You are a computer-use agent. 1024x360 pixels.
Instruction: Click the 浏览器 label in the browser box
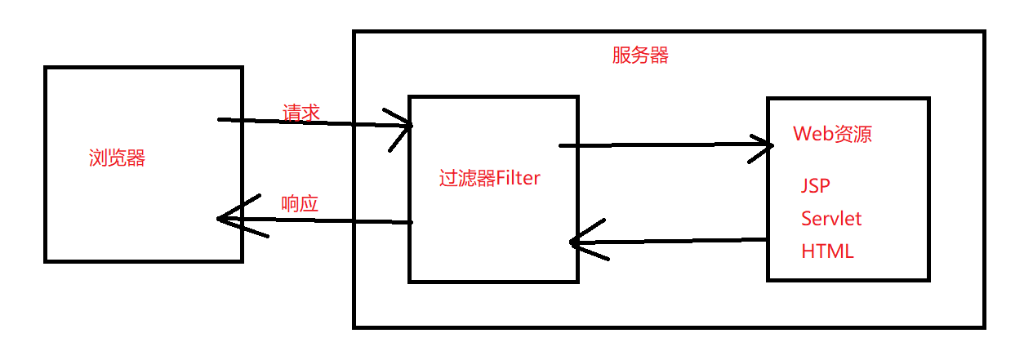pyautogui.click(x=117, y=158)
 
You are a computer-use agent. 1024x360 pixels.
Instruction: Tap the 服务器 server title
pyautogui.click(x=640, y=56)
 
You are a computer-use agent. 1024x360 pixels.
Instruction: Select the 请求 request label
pyautogui.click(x=301, y=113)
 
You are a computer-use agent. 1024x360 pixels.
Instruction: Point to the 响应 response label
pyautogui.click(x=299, y=204)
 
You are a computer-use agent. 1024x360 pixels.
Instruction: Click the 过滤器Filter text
pyautogui.click(x=489, y=178)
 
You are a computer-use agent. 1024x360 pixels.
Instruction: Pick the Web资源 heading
pyautogui.click(x=832, y=134)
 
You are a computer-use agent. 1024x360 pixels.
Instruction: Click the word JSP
pyautogui.click(x=816, y=186)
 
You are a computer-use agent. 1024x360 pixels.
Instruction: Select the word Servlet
pyautogui.click(x=831, y=219)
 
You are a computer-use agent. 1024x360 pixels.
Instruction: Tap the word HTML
pyautogui.click(x=827, y=251)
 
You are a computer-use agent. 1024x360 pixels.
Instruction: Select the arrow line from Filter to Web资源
pyautogui.click(x=661, y=146)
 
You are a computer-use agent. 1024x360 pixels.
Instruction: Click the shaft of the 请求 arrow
pyautogui.click(x=310, y=123)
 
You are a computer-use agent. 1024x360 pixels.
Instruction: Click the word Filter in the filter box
pyautogui.click(x=518, y=178)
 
